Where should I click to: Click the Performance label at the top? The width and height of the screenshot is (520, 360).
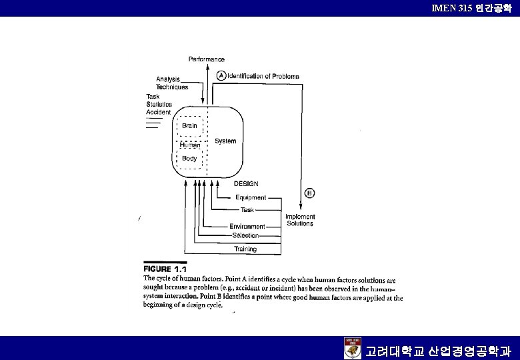pos(206,59)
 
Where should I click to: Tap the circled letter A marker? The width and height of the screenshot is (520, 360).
pos(221,76)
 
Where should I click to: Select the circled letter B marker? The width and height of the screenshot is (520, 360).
pos(309,193)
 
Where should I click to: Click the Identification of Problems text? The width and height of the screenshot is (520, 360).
pos(263,76)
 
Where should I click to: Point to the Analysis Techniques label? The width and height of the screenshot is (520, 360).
pos(171,83)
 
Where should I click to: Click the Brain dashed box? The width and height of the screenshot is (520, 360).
pos(190,125)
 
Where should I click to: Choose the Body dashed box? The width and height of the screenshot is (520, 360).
pos(189,159)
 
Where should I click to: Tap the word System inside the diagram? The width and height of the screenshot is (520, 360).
pos(225,141)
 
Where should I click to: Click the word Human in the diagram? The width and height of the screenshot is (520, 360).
pos(189,145)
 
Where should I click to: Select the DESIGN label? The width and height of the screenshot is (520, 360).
pos(246,183)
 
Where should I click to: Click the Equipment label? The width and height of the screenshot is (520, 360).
pos(251,197)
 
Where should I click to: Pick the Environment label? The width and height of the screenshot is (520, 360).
pos(247,227)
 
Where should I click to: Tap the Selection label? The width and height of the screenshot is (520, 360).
pos(245,235)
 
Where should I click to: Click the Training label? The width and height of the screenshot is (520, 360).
pos(245,249)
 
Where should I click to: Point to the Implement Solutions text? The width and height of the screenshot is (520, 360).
pos(300,220)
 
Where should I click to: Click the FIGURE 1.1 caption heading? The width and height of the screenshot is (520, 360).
pos(165,269)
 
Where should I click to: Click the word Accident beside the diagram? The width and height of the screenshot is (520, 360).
pos(159,112)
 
